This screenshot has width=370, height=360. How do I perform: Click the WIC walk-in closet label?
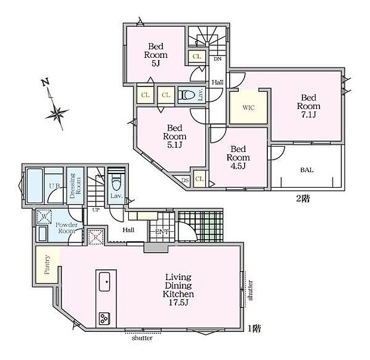pyautogui.click(x=248, y=108)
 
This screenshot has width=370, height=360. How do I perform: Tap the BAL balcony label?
pyautogui.click(x=307, y=170)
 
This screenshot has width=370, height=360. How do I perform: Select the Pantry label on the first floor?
pyautogui.click(x=47, y=265)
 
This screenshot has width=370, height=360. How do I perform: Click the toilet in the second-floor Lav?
pyautogui.click(x=187, y=95)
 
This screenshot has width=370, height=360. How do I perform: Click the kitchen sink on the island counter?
pyautogui.click(x=104, y=281)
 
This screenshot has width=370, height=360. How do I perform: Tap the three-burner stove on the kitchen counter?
pyautogui.click(x=104, y=319)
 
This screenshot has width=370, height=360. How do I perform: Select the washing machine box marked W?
pyautogui.click(x=44, y=216)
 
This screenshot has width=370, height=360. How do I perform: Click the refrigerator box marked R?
pyautogui.click(x=95, y=237)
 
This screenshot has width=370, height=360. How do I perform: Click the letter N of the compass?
pyautogui.click(x=45, y=82)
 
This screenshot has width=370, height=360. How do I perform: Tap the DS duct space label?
pyautogui.click(x=185, y=180)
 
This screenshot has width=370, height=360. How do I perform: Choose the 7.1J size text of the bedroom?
pyautogui.click(x=309, y=114)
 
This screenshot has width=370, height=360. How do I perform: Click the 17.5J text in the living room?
pyautogui.click(x=178, y=302)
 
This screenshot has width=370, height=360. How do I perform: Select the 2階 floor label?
pyautogui.click(x=303, y=199)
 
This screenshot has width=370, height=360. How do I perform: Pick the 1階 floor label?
pyautogui.click(x=254, y=328)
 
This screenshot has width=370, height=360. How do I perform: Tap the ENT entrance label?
pyautogui.click(x=162, y=232)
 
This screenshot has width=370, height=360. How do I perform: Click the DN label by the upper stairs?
pyautogui.click(x=218, y=59)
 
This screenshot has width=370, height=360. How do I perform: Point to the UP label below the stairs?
pyautogui.click(x=95, y=210)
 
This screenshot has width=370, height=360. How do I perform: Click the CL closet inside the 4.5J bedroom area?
pyautogui.click(x=199, y=179)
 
